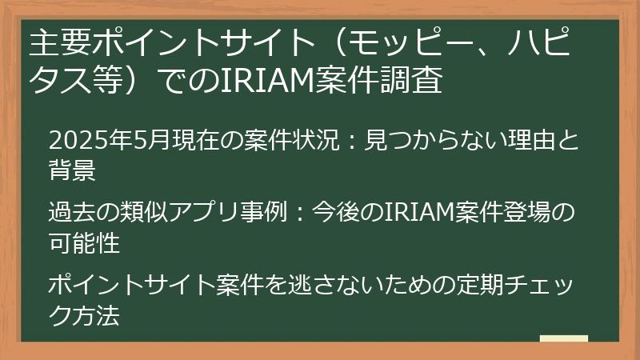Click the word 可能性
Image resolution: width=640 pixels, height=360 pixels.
[x=85, y=242]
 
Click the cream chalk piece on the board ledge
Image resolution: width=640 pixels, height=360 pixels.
[x=564, y=338]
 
